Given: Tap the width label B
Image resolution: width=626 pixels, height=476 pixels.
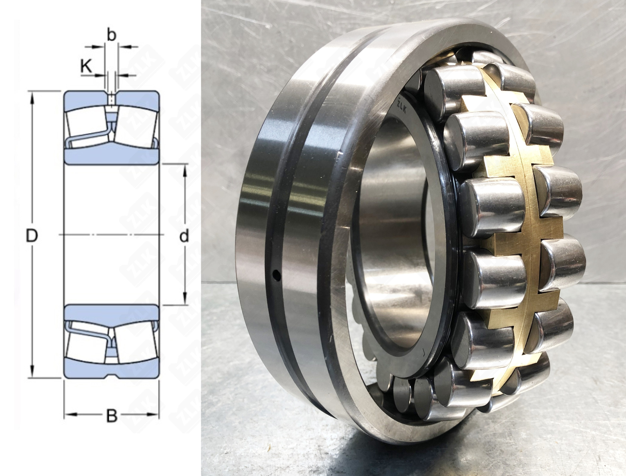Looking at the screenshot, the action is [112, 415].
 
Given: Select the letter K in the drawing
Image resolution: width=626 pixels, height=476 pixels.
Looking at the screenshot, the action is [86, 66].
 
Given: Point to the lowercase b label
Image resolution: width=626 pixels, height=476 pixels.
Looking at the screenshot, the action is [112, 35].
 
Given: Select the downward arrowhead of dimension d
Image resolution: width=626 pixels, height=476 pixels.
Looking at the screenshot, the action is [185, 299].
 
